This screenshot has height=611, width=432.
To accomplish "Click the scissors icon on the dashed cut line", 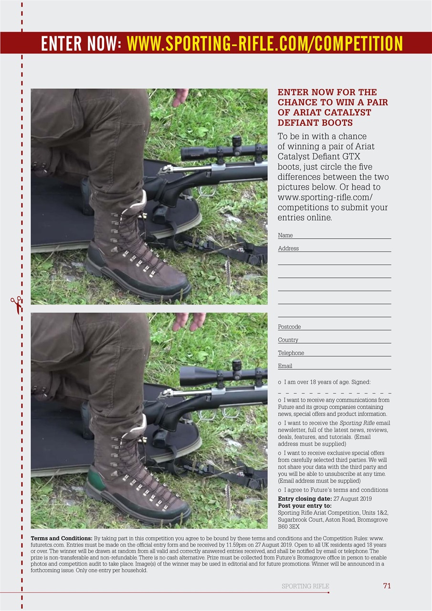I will pyautogui.click(x=16, y=305).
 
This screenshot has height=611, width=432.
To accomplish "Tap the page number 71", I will pyautogui.click(x=387, y=586).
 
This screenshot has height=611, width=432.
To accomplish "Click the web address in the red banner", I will pyautogui.click(x=265, y=43).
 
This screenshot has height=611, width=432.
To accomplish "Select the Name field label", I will pyautogui.click(x=285, y=235).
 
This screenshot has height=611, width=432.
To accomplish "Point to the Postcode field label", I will pyautogui.click(x=289, y=327).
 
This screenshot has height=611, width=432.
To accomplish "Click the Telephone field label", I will pyautogui.click(x=291, y=353).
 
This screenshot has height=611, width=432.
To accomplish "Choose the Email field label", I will pyautogui.click(x=285, y=366).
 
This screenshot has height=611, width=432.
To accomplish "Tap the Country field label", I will pyautogui.click(x=288, y=340).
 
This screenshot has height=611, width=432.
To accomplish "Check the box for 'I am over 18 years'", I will pyautogui.click(x=279, y=382).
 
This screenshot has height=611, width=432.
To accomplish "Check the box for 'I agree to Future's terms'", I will pyautogui.click(x=279, y=490).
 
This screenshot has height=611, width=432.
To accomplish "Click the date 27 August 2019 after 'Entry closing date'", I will pyautogui.click(x=352, y=499).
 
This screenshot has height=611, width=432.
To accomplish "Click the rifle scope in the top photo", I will pyautogui.click(x=222, y=152).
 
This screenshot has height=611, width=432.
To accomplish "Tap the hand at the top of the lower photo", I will pyautogui.click(x=189, y=321).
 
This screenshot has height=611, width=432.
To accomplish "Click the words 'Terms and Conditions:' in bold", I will pyautogui.click(x=62, y=538).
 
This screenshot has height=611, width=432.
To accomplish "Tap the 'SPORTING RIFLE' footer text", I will pyautogui.click(x=305, y=586).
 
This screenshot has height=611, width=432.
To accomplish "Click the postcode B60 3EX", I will pyautogui.click(x=289, y=527).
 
